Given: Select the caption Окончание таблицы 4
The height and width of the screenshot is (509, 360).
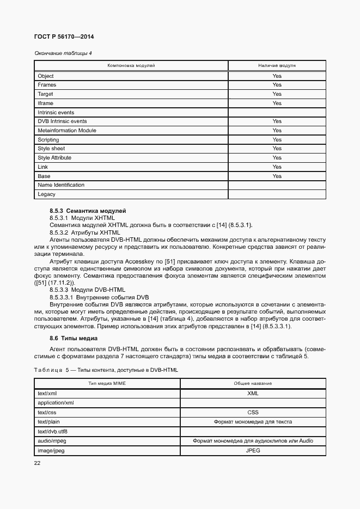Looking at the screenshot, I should tap(63, 53).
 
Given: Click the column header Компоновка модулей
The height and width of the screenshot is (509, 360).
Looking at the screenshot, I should tap(131, 65).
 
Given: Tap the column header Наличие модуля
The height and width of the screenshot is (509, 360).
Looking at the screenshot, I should tap(277, 65).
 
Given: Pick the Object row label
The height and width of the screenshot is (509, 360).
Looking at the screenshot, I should tap(46, 76).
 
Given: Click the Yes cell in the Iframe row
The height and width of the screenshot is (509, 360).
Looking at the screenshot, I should tap(277, 103).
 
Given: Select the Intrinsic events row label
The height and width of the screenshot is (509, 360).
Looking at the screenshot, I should tap(56, 112).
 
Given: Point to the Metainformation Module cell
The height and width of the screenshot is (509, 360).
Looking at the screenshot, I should tap(67, 131).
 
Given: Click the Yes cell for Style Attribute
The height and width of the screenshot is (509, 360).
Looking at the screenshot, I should tap(277, 158).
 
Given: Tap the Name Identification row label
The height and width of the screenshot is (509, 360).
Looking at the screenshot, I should tap(61, 185).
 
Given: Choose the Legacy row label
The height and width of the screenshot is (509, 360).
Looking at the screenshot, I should tap(47, 194).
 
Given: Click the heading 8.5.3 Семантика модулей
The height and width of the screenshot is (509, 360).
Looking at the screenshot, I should tap(88, 210).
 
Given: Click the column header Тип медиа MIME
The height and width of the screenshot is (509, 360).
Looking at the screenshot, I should tap(107, 384).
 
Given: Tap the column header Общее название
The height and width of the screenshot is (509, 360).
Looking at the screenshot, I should tap(252, 384).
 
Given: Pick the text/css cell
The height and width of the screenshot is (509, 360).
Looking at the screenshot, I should tap(47, 413).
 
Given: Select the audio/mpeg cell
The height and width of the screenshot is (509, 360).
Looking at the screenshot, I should tap(52, 440).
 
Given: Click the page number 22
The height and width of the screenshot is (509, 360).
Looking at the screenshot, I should tap(38, 463).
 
